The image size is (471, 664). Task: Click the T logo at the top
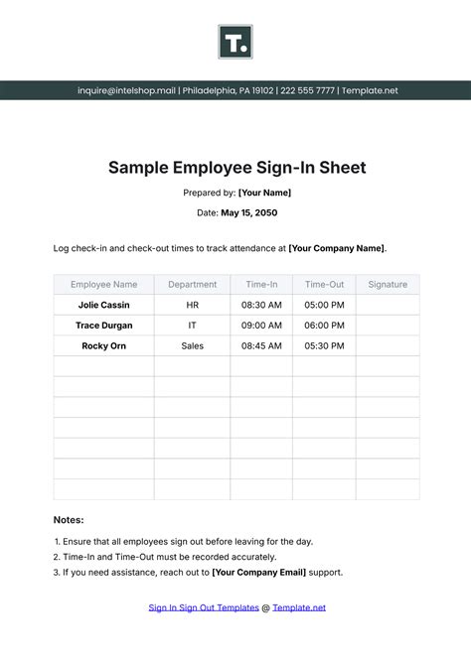coord(235,43)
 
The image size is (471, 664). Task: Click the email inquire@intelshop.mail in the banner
coord(127,90)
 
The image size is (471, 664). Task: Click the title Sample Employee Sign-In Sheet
coord(236,168)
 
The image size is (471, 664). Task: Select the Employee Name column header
coord(103,285)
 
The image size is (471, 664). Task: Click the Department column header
coord(192,285)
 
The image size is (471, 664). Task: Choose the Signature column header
coord(388,285)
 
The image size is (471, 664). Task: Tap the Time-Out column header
coord(324,285)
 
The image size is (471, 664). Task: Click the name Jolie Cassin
coord(103,305)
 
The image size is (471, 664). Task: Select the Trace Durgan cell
coord(103,325)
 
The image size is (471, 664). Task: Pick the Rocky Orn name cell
coord(103,345)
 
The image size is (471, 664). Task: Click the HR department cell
coord(192,305)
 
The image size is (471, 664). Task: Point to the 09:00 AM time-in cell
coord(261,325)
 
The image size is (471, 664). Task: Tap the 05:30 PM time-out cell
coord(324,345)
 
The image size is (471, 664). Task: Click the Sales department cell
coord(192,345)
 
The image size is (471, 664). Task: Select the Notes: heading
coord(69,519)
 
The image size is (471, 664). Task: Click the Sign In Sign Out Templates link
coord(204,607)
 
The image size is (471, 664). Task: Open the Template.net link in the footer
coord(299,607)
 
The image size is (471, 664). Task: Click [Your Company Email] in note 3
coord(258,573)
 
